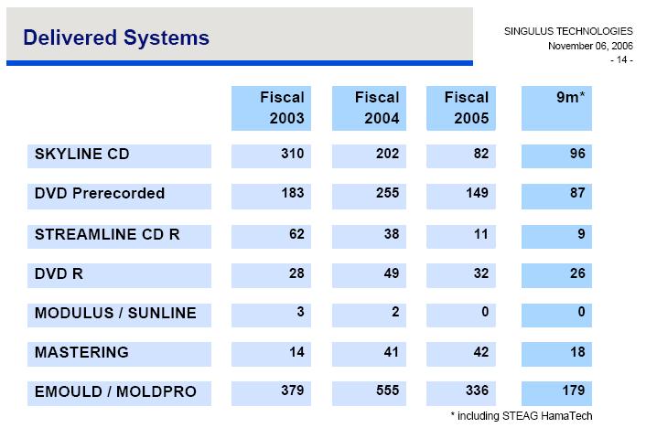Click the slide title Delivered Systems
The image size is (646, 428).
click(116, 37)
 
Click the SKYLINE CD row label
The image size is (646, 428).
click(81, 154)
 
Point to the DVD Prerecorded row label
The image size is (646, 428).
click(100, 193)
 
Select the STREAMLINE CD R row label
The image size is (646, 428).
click(107, 234)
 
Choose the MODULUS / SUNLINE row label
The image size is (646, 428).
click(115, 313)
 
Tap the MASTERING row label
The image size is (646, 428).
click(81, 352)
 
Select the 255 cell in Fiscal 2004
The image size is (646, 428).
click(388, 193)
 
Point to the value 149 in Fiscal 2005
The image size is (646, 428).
click(477, 193)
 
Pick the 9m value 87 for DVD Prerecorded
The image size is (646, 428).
click(576, 193)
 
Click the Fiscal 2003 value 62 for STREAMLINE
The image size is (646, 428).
click(296, 234)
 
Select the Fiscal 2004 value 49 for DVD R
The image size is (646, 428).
click(391, 273)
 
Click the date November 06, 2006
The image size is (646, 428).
click(590, 46)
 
